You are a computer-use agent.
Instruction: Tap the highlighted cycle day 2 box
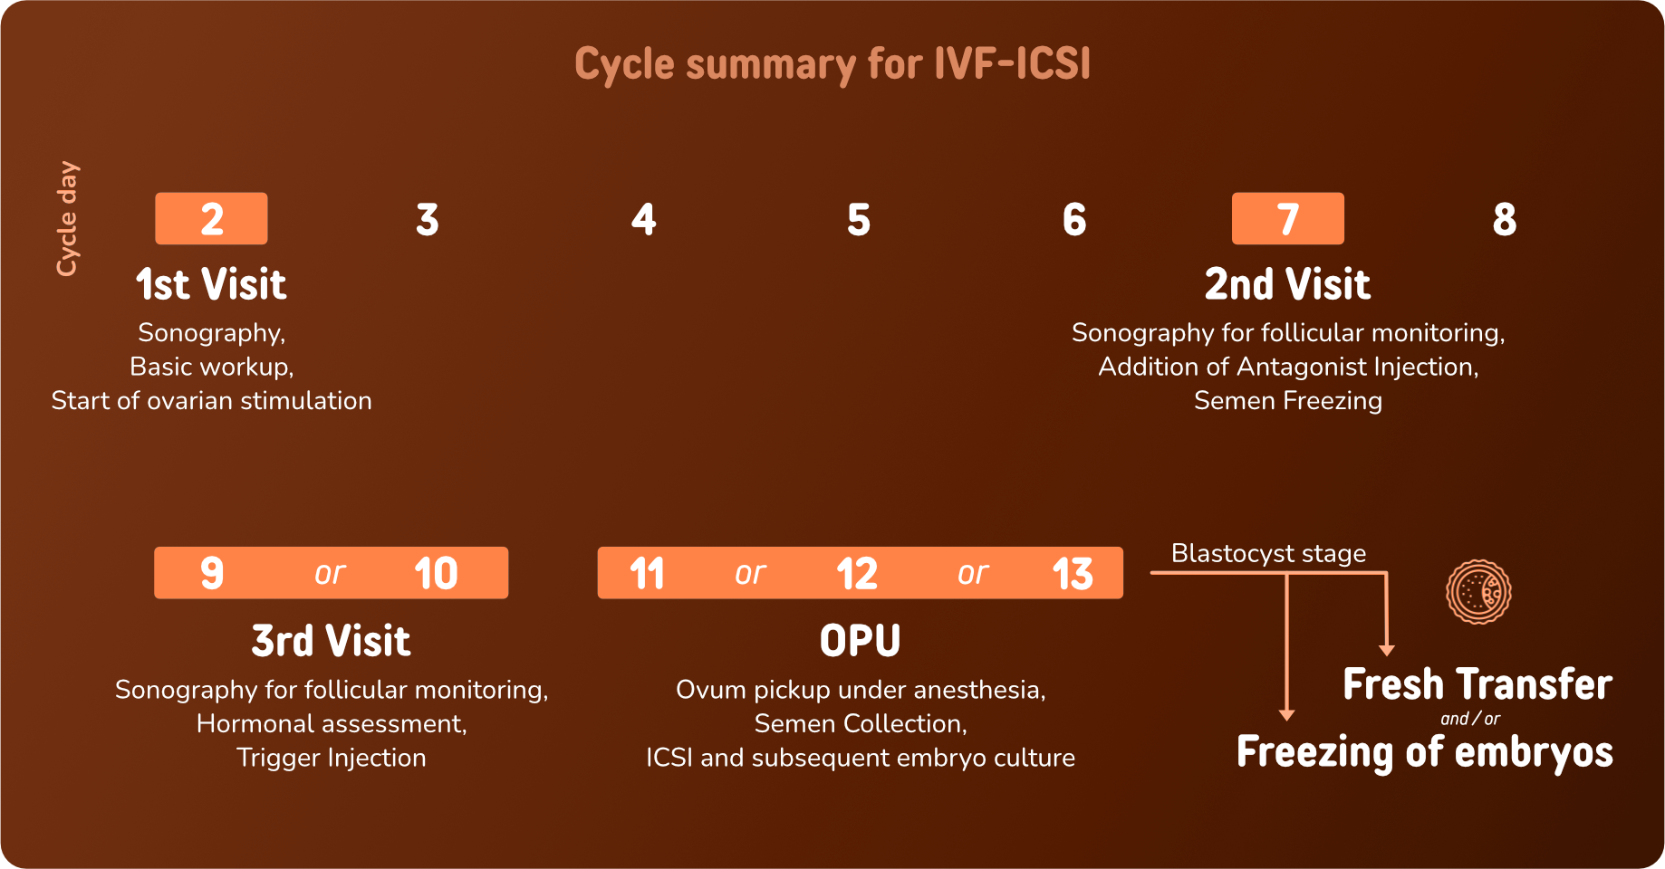tap(211, 218)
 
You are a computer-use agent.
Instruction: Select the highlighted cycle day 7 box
tap(1287, 218)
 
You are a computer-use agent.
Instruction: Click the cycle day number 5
tap(859, 220)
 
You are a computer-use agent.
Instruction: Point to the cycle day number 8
tap(1504, 220)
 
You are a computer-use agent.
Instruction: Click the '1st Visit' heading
tap(211, 284)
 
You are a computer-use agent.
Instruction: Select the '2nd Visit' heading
tap(1287, 284)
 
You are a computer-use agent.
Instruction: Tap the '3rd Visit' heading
tap(331, 641)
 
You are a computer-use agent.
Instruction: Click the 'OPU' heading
tap(860, 641)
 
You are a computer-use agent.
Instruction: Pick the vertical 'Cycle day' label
tap(67, 218)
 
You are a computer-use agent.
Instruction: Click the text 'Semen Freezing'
tap(1287, 400)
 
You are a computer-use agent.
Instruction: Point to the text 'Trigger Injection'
tap(331, 758)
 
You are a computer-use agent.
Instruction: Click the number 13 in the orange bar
tap(1073, 574)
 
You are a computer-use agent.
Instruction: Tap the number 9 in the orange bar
tap(212, 574)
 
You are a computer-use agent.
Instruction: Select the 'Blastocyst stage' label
tap(1268, 553)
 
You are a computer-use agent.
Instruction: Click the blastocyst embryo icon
tap(1478, 592)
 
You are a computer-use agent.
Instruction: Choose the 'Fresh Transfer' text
tap(1477, 684)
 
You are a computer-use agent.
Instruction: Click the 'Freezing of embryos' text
tap(1424, 752)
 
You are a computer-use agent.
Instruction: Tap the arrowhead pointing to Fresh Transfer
tap(1386, 650)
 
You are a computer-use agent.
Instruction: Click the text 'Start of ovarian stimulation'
tap(211, 400)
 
